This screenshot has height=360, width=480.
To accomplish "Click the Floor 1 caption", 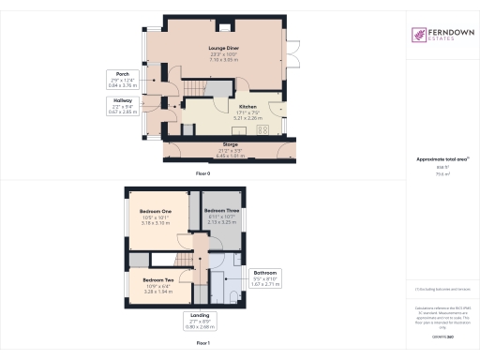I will pyautogui.click(x=203, y=344).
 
